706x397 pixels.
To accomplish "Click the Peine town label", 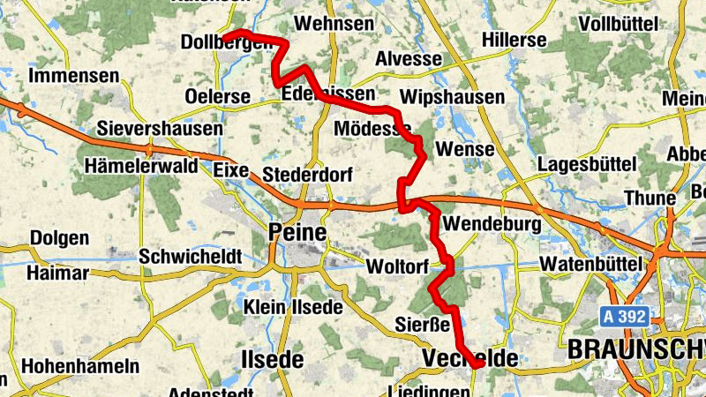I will pos(297,234).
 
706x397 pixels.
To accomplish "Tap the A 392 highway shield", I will pos(626,315).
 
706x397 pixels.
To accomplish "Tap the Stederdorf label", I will pos(308,175).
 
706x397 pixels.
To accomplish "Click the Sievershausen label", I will pos(161,129).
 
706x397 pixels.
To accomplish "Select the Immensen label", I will pos(74,76).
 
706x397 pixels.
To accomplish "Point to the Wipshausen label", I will pos(452,96).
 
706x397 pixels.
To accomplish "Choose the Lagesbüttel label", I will pos(587,164).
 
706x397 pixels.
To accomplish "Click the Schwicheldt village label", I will pos(190,256).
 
